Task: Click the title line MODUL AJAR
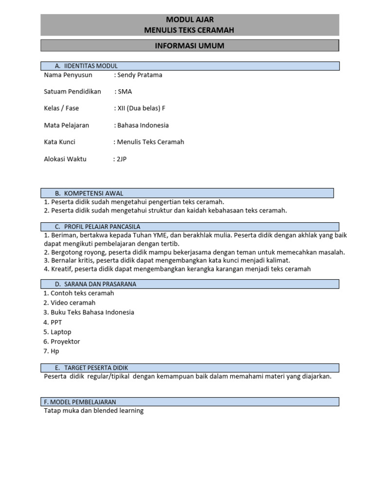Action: tap(189, 19)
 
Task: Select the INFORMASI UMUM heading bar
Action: tap(189, 46)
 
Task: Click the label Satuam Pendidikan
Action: tap(72, 92)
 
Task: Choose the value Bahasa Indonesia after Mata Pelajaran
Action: tap(143, 125)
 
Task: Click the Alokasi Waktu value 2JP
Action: tap(120, 159)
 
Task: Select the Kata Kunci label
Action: tap(60, 142)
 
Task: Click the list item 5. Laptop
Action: tap(57, 332)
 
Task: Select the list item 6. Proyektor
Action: tap(62, 342)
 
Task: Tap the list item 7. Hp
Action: tap(51, 351)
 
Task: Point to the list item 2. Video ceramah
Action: tap(70, 303)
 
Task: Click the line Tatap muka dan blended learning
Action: tap(94, 411)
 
